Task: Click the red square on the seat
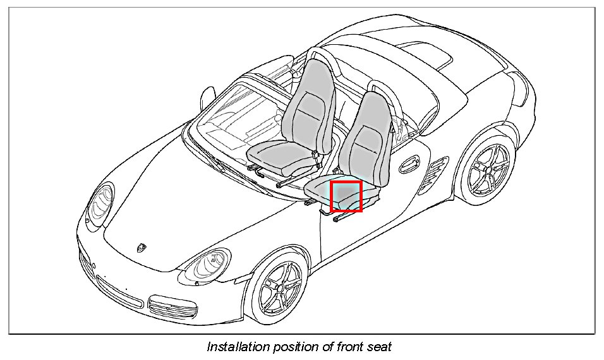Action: (346, 196)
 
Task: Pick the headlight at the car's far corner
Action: (100, 203)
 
